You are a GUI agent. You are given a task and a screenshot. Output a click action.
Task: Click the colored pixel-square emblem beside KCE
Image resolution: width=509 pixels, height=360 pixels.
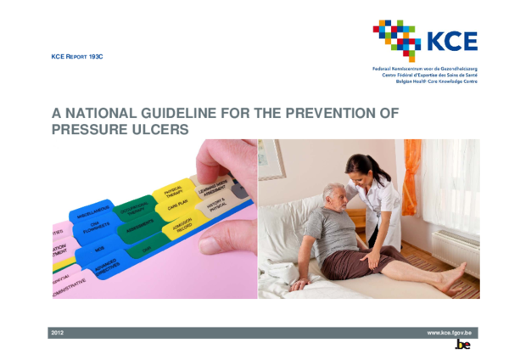point(397,40)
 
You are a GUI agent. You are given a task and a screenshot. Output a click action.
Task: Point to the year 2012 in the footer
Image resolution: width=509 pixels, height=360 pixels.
point(58,332)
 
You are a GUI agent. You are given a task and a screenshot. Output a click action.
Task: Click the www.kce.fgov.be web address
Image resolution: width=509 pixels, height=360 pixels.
point(449,332)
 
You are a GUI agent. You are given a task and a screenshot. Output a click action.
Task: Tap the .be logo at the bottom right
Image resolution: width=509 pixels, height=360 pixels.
point(462,346)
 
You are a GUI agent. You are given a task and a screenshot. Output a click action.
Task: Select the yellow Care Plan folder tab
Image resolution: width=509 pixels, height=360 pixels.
point(179,206)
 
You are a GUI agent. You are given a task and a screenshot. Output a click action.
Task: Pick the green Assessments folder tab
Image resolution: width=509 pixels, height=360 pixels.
point(140,227)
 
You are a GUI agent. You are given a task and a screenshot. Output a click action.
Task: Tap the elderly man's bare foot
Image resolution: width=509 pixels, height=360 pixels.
point(452,278)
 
